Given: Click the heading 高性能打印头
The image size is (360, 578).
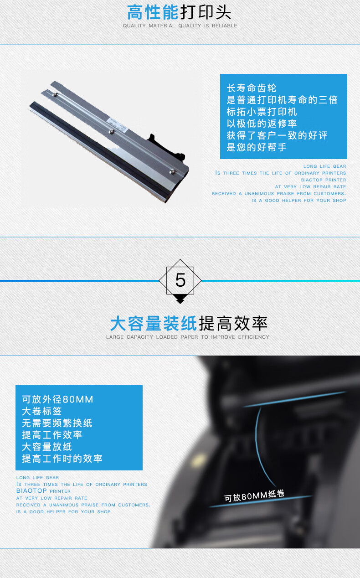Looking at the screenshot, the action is (x=179, y=12).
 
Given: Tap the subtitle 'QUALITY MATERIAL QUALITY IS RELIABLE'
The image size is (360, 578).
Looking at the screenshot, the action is (x=180, y=26).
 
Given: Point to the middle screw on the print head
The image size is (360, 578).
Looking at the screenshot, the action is (x=111, y=132).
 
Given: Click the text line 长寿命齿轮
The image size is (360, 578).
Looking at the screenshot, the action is (x=252, y=88).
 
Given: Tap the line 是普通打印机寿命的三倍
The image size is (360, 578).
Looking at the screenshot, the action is (x=282, y=100).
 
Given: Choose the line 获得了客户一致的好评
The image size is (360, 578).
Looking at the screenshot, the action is (x=277, y=135).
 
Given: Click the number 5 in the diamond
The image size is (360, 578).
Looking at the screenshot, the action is (x=180, y=280).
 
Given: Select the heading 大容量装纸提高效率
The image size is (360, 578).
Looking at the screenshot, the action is (x=189, y=323).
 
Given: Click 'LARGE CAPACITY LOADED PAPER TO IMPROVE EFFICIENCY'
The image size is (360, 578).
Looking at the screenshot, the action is (x=187, y=337).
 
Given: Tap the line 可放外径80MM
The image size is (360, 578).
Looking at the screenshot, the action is (x=57, y=399).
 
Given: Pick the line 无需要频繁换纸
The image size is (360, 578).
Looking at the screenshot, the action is (x=57, y=423).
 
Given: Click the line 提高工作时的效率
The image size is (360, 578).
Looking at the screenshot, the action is (x=62, y=459).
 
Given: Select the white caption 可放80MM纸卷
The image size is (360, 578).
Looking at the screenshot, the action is (x=254, y=495).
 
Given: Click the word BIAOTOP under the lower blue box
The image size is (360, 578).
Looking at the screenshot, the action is (x=31, y=490).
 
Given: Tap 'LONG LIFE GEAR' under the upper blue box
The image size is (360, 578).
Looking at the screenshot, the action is (x=324, y=166).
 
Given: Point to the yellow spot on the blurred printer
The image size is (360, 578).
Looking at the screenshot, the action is (x=198, y=459).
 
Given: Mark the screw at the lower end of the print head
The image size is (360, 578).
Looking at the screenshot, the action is (x=172, y=171).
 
